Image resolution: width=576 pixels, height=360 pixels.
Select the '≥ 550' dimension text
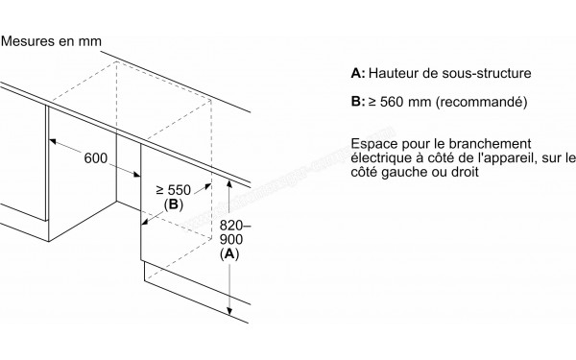[159, 190]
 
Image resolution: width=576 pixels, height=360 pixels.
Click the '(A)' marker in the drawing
[228, 254]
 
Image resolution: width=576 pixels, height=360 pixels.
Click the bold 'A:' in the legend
[360, 73]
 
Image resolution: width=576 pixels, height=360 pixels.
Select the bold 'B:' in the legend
[360, 100]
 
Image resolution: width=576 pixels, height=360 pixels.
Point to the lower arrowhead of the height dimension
[229, 312]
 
